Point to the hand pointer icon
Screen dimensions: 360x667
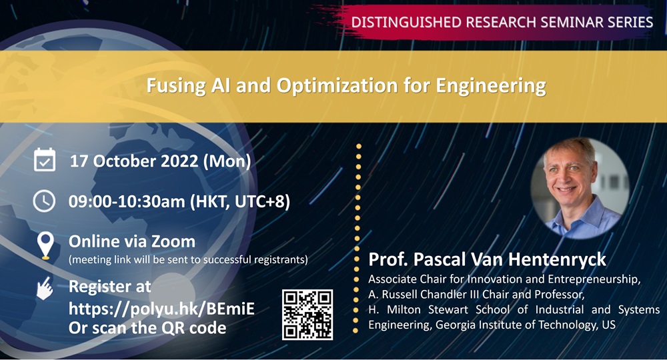[45, 289]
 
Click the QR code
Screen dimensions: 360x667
[307, 315]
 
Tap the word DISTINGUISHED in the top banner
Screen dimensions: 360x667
[406, 22]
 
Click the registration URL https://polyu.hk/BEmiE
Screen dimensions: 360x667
[161, 308]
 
